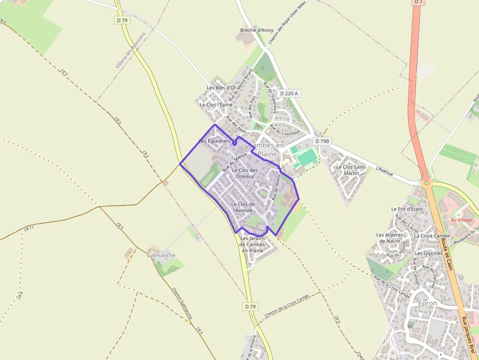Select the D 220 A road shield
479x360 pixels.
point(289,93)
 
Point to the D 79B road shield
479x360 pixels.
point(322,141)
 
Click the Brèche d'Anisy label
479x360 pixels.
point(257,30)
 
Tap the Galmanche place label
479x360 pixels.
point(161,255)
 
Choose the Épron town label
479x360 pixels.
point(428,303)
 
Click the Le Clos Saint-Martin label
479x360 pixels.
point(351,170)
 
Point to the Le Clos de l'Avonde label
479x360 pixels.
point(242,207)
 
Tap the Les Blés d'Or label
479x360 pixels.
point(221,88)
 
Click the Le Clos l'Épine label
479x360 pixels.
point(216,105)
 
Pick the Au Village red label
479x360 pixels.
point(461,220)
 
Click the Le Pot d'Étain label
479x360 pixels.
point(407,209)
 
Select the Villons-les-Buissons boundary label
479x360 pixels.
point(131,50)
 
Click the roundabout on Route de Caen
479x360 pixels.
point(427,183)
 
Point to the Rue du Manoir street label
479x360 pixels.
point(235,161)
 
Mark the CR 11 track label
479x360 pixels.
point(29,228)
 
